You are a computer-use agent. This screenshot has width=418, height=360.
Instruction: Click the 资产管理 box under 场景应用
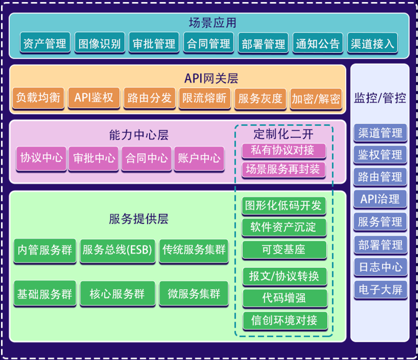point(45,44)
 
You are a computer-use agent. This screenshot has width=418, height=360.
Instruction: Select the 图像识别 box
point(100,44)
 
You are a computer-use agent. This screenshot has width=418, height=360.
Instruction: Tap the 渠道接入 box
point(372,44)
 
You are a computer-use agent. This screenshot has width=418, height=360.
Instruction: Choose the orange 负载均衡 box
point(38,98)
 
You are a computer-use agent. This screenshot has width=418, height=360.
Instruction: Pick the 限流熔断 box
point(205,98)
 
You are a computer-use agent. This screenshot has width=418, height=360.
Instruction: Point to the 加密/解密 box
point(316,98)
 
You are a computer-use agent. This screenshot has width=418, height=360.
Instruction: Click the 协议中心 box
point(41,158)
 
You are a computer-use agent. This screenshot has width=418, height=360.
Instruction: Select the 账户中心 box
point(199,158)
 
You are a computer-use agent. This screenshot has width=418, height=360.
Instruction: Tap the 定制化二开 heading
point(284,134)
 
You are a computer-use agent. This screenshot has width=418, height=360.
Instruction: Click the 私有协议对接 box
point(284,151)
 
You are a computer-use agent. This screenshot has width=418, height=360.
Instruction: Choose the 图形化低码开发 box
point(284,205)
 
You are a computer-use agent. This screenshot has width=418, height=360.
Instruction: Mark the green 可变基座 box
point(284,249)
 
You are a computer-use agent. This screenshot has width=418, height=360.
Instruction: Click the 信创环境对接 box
point(285,320)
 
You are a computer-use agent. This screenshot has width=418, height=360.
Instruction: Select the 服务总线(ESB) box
point(117,250)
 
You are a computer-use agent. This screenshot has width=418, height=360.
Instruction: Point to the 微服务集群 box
point(194,294)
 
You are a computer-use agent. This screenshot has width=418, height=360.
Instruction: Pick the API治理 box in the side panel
point(380,199)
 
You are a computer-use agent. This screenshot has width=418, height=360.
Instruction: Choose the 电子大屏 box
point(380,289)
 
